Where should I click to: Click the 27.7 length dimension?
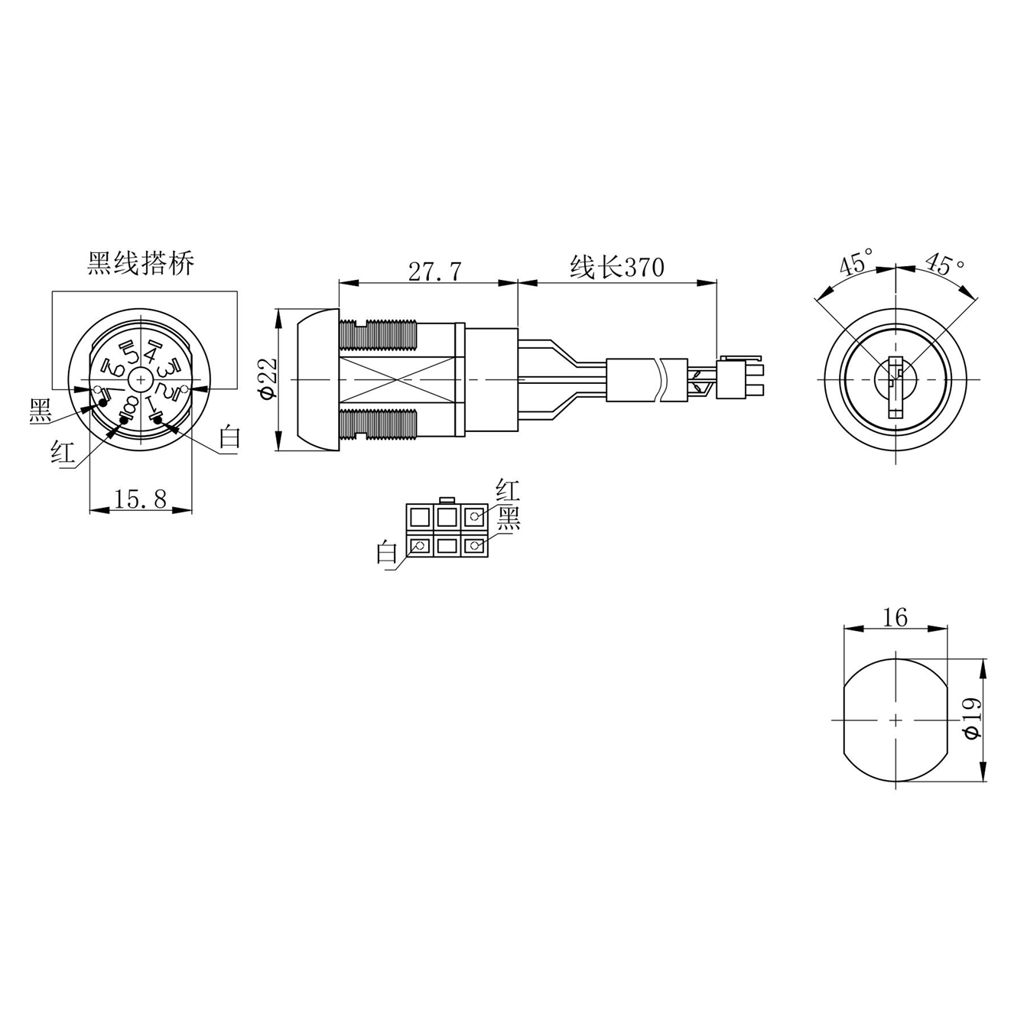pos(435,271)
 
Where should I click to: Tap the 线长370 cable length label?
pos(617,267)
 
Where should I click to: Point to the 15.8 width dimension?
pos(140,499)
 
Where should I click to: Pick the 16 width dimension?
pos(896,617)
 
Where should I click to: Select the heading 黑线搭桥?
pos(141,263)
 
